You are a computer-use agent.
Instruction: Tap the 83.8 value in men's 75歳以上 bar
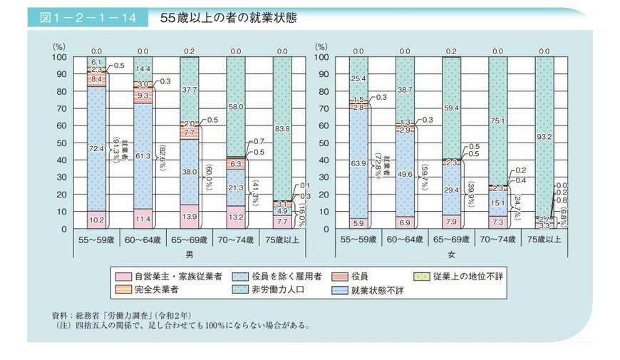(x=284, y=128)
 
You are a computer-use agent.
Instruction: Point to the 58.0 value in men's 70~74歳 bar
(x=237, y=106)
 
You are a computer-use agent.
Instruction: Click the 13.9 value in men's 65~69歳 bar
(x=190, y=215)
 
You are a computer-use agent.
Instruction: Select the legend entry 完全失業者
(x=150, y=289)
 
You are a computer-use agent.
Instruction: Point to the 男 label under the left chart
(x=190, y=252)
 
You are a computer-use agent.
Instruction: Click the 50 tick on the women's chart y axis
(x=322, y=143)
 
